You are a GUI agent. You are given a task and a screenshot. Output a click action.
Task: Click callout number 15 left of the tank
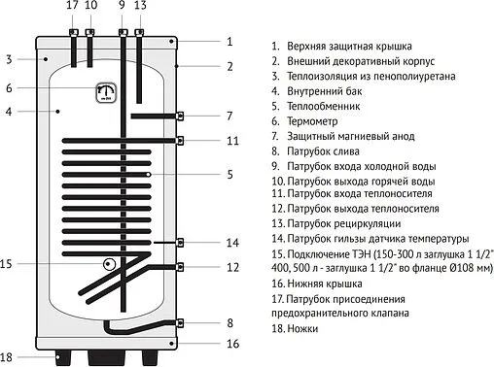click(8, 264)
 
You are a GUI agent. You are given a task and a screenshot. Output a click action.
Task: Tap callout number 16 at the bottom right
click(231, 344)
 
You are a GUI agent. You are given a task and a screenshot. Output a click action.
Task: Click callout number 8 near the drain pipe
click(230, 322)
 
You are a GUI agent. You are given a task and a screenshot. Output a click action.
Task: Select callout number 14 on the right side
click(231, 242)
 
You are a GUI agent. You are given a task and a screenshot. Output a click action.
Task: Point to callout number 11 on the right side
click(231, 141)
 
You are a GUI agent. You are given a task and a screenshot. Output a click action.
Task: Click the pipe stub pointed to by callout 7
click(181, 117)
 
